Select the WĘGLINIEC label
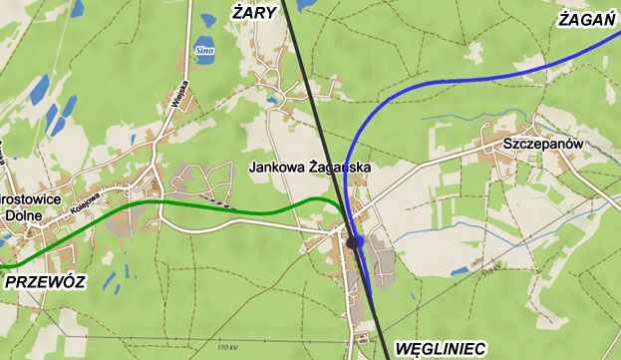coord(441,348)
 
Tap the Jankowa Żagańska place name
coord(310,169)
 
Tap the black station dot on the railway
coord(352,241)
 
